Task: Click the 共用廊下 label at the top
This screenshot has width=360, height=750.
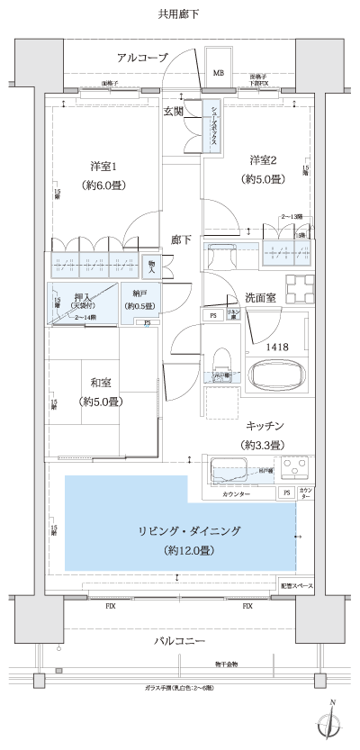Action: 179,14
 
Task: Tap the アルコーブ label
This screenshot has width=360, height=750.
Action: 142,58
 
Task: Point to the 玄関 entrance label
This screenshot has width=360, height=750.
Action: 174,112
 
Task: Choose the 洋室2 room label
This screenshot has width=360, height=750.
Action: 264,160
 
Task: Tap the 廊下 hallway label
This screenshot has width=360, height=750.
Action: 181,239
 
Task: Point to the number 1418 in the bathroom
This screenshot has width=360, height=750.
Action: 276,345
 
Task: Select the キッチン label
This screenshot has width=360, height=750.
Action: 264,425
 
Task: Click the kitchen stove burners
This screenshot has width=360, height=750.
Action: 296,469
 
